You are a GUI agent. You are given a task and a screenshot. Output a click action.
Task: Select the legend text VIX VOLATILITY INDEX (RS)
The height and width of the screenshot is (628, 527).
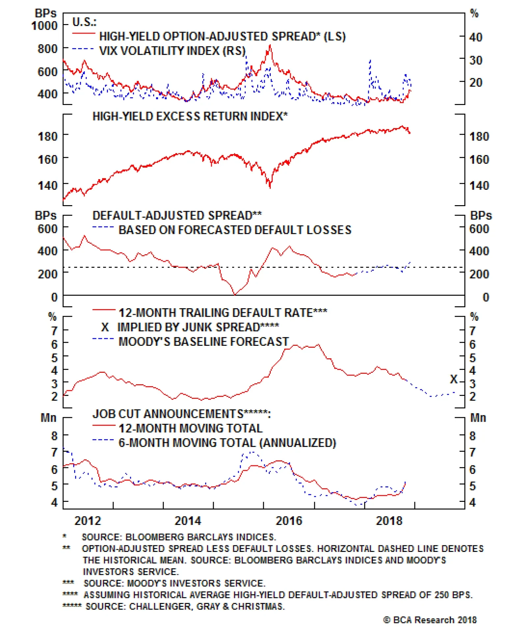172,51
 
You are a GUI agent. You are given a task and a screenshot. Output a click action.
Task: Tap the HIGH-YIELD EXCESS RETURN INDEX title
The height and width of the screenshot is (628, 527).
190,116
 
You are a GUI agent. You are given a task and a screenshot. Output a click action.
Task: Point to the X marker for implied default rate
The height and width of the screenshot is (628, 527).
454,379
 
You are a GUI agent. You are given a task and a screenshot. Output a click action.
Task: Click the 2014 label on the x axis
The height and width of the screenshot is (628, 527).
187,521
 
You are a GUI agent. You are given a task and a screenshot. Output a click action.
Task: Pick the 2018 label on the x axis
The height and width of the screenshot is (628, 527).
389,521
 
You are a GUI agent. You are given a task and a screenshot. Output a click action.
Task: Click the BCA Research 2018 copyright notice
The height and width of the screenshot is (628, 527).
430,620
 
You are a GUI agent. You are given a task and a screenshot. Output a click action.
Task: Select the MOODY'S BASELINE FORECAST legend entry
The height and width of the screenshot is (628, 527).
204,341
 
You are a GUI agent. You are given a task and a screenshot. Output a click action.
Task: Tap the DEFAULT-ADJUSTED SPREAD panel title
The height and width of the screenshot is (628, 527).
177,215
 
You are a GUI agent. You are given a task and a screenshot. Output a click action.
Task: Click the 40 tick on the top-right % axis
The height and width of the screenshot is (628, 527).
476,37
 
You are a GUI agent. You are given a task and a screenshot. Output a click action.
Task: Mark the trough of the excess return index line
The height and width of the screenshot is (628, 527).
270,187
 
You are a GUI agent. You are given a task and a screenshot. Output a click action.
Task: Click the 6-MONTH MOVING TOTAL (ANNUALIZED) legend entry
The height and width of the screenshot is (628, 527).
227,443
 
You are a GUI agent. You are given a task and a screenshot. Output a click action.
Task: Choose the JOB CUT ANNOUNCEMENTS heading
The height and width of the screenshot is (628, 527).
181,414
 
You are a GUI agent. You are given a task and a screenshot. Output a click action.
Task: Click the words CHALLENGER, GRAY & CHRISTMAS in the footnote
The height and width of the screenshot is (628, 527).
207,606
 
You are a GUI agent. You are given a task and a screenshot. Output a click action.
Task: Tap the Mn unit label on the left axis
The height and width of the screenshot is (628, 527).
48,418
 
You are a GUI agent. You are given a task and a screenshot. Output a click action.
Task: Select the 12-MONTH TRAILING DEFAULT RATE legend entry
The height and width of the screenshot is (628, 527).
223,313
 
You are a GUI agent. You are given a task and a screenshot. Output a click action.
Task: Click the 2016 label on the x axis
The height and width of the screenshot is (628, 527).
289,521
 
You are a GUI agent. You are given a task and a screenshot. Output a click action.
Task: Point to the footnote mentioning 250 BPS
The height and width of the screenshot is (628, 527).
278,595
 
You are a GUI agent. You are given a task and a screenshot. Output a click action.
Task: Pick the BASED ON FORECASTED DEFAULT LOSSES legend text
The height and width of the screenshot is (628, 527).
235,230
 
